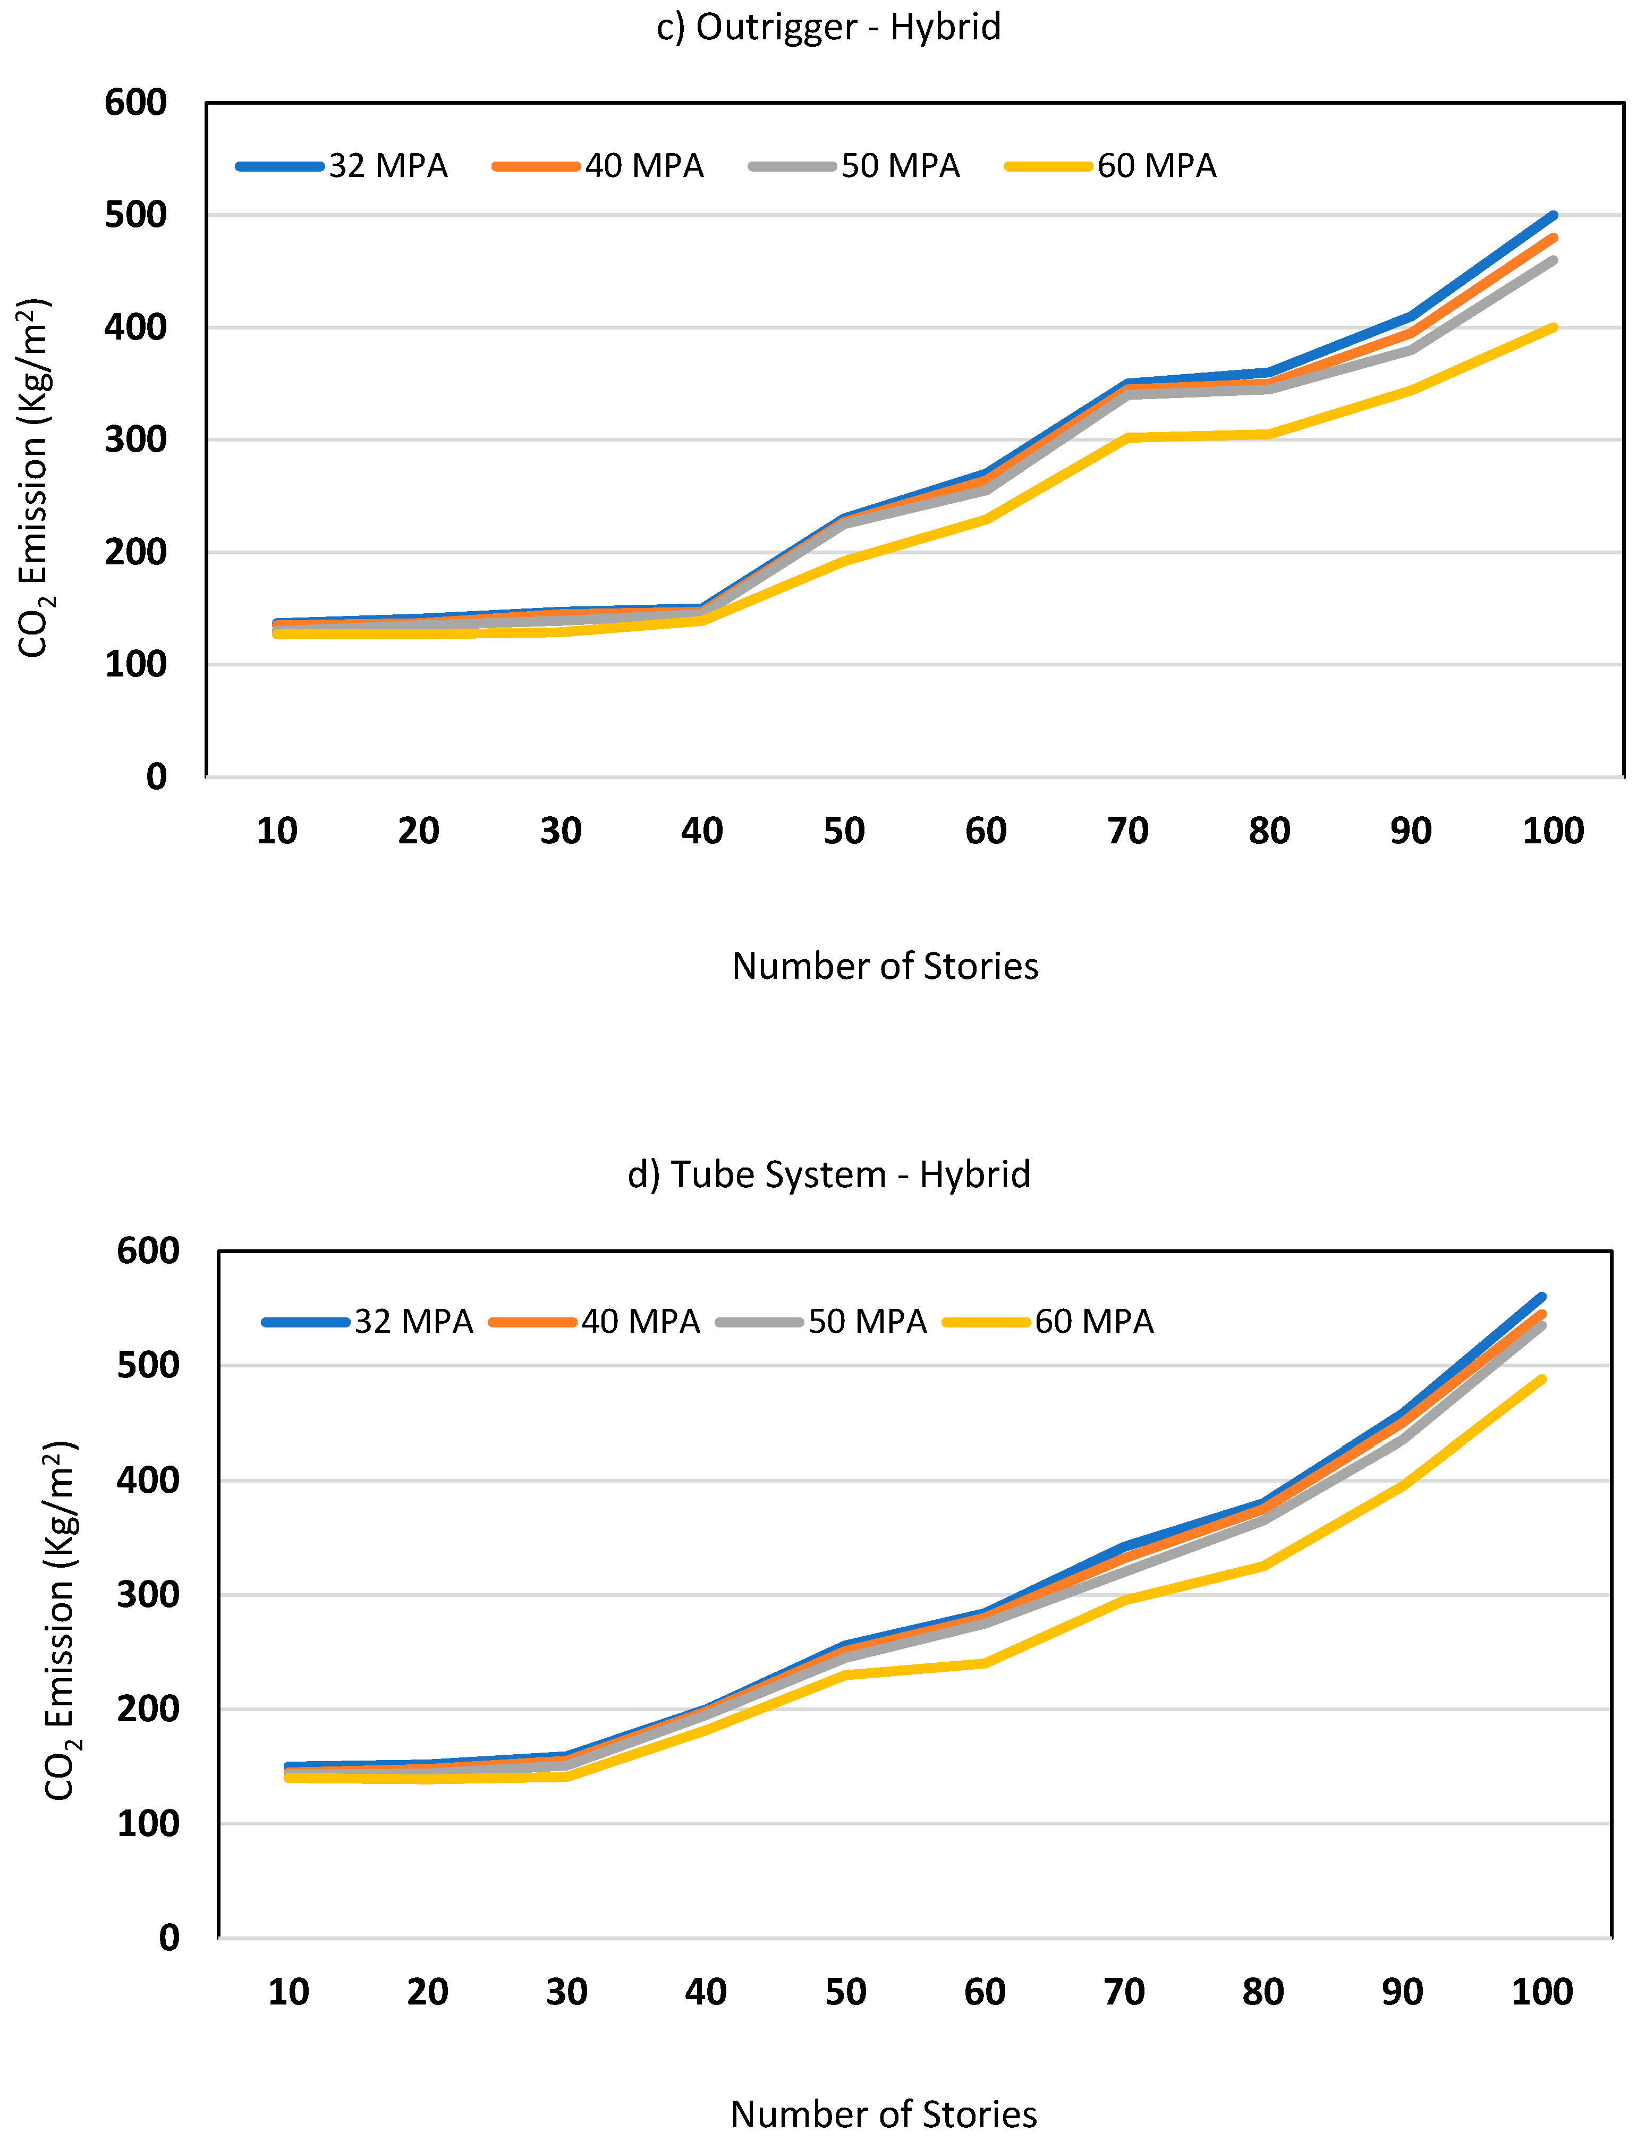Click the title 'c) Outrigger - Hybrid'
(x=828, y=27)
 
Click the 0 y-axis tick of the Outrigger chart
(x=156, y=777)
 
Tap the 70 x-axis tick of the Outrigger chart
(x=1127, y=831)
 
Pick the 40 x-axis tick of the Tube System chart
(x=706, y=1992)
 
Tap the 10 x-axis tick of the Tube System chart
(x=289, y=1992)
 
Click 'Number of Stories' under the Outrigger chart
(x=885, y=966)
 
